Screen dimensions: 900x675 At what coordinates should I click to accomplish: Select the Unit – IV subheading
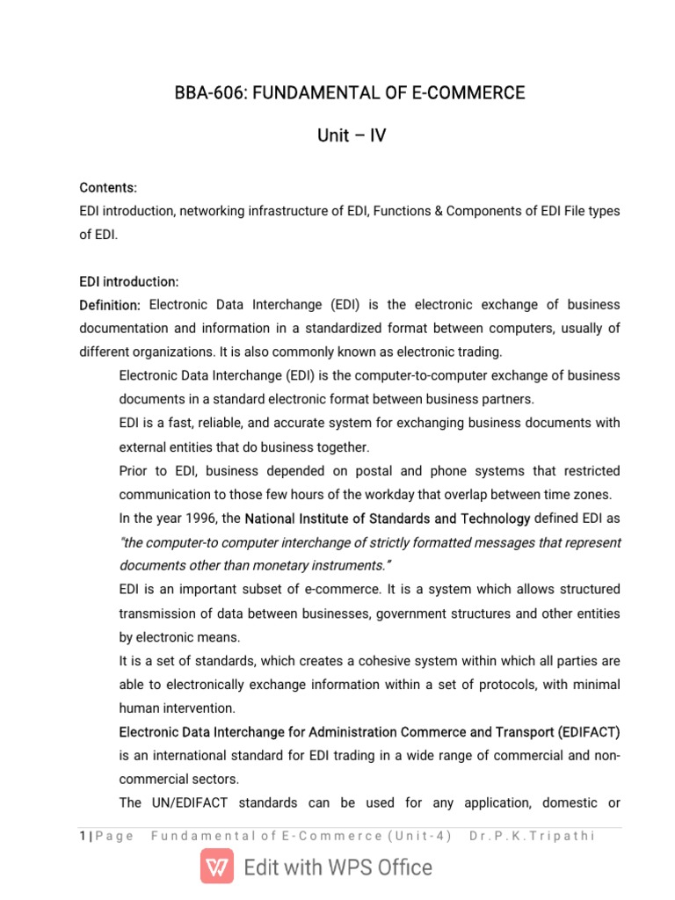pyautogui.click(x=351, y=136)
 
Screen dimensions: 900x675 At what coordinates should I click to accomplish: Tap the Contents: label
pyautogui.click(x=108, y=188)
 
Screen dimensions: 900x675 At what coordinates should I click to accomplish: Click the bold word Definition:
pyautogui.click(x=110, y=305)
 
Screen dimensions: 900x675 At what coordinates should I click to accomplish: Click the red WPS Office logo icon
pyautogui.click(x=217, y=867)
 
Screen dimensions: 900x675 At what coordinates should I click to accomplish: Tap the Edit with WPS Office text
pyautogui.click(x=338, y=867)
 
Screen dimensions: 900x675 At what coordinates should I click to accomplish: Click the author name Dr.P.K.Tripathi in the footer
pyautogui.click(x=533, y=836)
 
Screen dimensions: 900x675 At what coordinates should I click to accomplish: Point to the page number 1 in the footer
pyautogui.click(x=82, y=836)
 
